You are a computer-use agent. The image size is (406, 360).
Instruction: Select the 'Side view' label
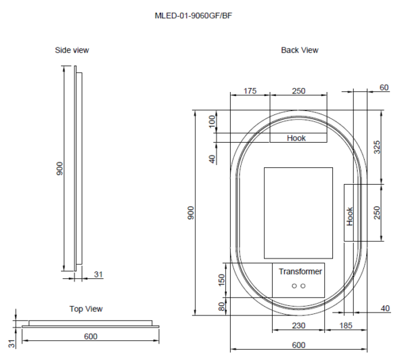click(72, 50)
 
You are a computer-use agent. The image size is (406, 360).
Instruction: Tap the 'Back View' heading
click(300, 50)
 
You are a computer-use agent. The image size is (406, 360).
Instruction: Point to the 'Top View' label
click(86, 309)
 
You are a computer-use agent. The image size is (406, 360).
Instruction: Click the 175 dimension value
click(250, 91)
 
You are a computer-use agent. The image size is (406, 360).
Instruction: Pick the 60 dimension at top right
click(384, 88)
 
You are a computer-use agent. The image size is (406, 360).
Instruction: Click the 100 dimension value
click(211, 122)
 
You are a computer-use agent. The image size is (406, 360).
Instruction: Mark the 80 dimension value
click(221, 307)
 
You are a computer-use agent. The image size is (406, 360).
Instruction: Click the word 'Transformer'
click(300, 271)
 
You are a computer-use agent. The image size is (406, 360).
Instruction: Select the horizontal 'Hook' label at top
click(296, 138)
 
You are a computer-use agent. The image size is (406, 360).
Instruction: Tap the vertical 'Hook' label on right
click(350, 216)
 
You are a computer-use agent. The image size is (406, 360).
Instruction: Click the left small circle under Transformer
click(294, 287)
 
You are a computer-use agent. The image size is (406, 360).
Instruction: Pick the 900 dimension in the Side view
click(60, 169)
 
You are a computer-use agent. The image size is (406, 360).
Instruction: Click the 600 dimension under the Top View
click(91, 336)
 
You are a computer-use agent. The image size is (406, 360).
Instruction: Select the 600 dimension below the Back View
click(298, 344)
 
